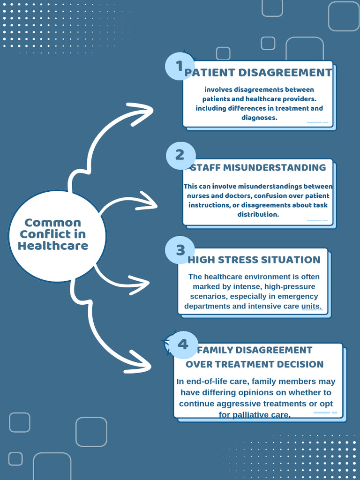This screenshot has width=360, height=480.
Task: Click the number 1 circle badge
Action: pos(180,66)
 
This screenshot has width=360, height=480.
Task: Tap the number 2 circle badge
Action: pos(180,155)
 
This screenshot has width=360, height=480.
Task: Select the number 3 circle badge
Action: pos(180,250)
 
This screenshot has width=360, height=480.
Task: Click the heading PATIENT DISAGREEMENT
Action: pos(258,73)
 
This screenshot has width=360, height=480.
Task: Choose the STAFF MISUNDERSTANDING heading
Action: pos(258,167)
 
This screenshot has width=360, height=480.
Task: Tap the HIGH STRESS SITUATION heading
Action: pos(254,260)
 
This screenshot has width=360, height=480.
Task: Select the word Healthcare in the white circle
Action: pos(53,246)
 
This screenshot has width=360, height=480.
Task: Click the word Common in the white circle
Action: pos(52,223)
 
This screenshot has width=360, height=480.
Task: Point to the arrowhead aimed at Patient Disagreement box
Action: pos(141,114)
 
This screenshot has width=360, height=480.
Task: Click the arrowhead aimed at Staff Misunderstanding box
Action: pos(146,201)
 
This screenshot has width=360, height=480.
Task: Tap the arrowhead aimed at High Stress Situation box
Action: pos(139,285)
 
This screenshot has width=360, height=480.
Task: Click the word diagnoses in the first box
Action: pos(259,118)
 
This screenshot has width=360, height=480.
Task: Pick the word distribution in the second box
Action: pos(258,214)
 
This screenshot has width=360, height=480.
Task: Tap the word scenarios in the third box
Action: pos(209,296)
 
